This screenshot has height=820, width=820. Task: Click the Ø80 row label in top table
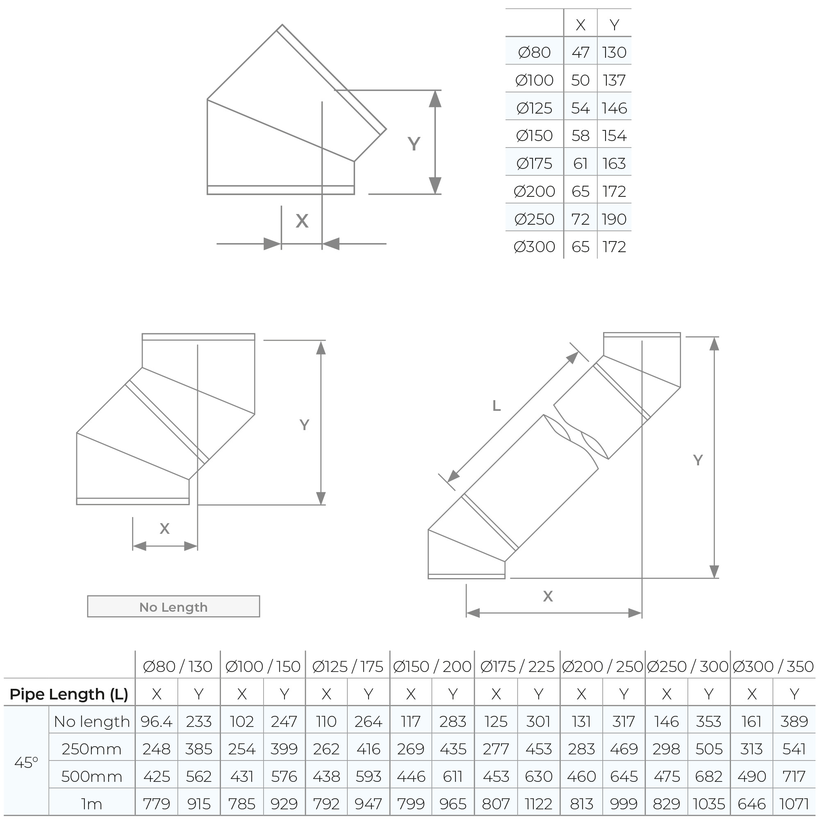pos(534,52)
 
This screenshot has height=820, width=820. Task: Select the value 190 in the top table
pos(614,219)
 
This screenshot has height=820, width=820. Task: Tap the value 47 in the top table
pos(580,52)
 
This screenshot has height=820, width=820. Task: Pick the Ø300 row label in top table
pos(534,246)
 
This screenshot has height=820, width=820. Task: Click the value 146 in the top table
pos(614,108)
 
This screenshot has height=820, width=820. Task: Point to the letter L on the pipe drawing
pos(496,406)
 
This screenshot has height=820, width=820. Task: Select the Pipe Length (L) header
pos(69,694)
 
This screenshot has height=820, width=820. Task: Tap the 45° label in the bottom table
pos(26,762)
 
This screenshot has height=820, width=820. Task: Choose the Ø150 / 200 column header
pos(432,666)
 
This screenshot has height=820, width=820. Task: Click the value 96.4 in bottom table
pos(156,722)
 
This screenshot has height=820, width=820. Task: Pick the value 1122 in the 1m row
pos(538,804)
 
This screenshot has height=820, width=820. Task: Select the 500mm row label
pos(92,776)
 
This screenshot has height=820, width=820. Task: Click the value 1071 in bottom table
pos(794,804)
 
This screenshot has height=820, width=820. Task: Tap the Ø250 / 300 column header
pos(688,666)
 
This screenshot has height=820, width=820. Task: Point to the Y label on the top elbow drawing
pos(414,144)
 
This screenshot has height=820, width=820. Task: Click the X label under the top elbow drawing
pos(302,221)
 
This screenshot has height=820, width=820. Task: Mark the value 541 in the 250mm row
pos(794,749)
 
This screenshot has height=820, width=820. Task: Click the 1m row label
pos(92,804)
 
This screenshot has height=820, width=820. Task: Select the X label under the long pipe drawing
pos(547,596)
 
